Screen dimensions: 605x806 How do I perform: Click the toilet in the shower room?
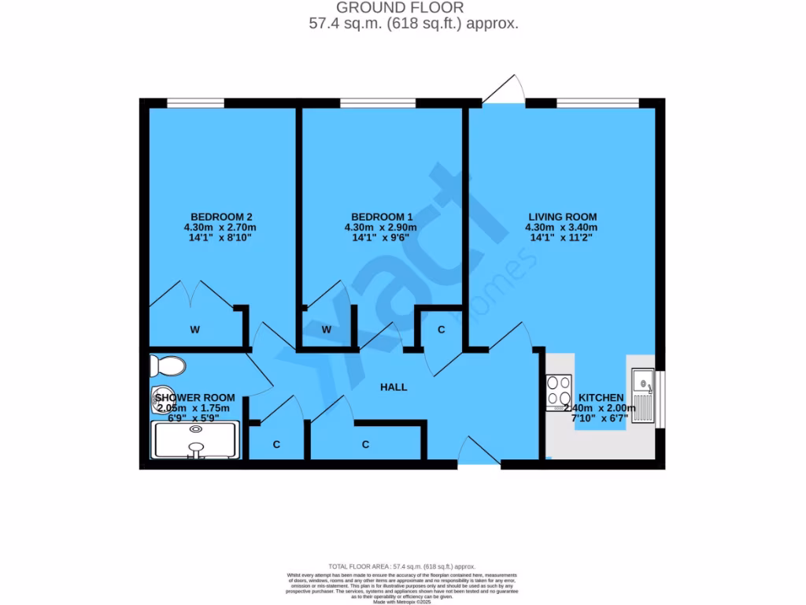coord(168,366)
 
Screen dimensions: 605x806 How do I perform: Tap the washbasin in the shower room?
coord(162,394)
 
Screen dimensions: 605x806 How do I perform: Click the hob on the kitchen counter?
coord(559,392)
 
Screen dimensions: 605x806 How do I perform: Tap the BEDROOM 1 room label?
coord(382,217)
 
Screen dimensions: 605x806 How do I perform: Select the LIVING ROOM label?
coord(562,217)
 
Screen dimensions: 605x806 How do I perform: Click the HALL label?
coord(394,387)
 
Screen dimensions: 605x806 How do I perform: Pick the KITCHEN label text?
coord(601,398)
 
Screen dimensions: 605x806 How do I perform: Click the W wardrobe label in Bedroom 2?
coord(194,330)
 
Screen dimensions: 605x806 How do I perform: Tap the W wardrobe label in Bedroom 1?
coord(326,330)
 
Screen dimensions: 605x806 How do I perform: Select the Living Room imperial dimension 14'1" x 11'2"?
coord(562,237)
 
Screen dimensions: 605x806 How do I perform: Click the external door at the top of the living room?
coord(506,89)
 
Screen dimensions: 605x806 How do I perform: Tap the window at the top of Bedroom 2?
coord(195,102)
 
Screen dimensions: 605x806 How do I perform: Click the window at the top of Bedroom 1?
coord(378,102)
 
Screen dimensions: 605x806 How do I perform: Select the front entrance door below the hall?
coord(478,455)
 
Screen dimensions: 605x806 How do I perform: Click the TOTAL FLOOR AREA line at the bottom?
coord(402,566)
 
